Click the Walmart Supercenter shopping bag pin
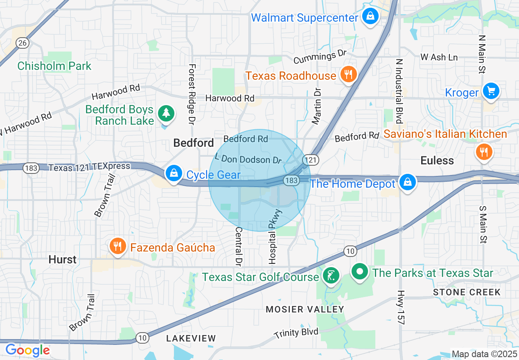pos(370,17)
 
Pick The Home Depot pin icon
pos(408,182)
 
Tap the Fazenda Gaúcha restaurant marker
pos(118,246)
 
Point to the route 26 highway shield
pos(23,43)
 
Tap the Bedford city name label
pos(194,143)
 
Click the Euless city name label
pos(437,160)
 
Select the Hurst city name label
pos(62,260)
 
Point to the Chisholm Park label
pos(54,66)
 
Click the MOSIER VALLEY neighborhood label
pos(305,309)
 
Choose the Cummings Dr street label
pos(320,57)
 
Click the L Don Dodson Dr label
pos(248,158)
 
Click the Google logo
pos(27,350)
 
